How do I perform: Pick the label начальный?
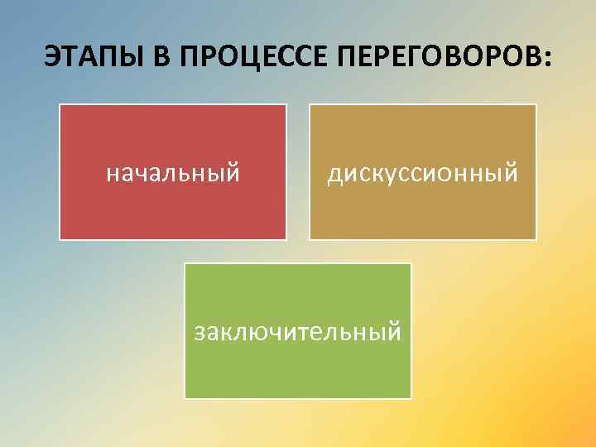173,173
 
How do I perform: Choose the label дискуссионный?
422,173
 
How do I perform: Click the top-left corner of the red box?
60,105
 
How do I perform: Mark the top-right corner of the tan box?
536,105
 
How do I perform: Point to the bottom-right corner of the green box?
411,397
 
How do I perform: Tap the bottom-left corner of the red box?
60,238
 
